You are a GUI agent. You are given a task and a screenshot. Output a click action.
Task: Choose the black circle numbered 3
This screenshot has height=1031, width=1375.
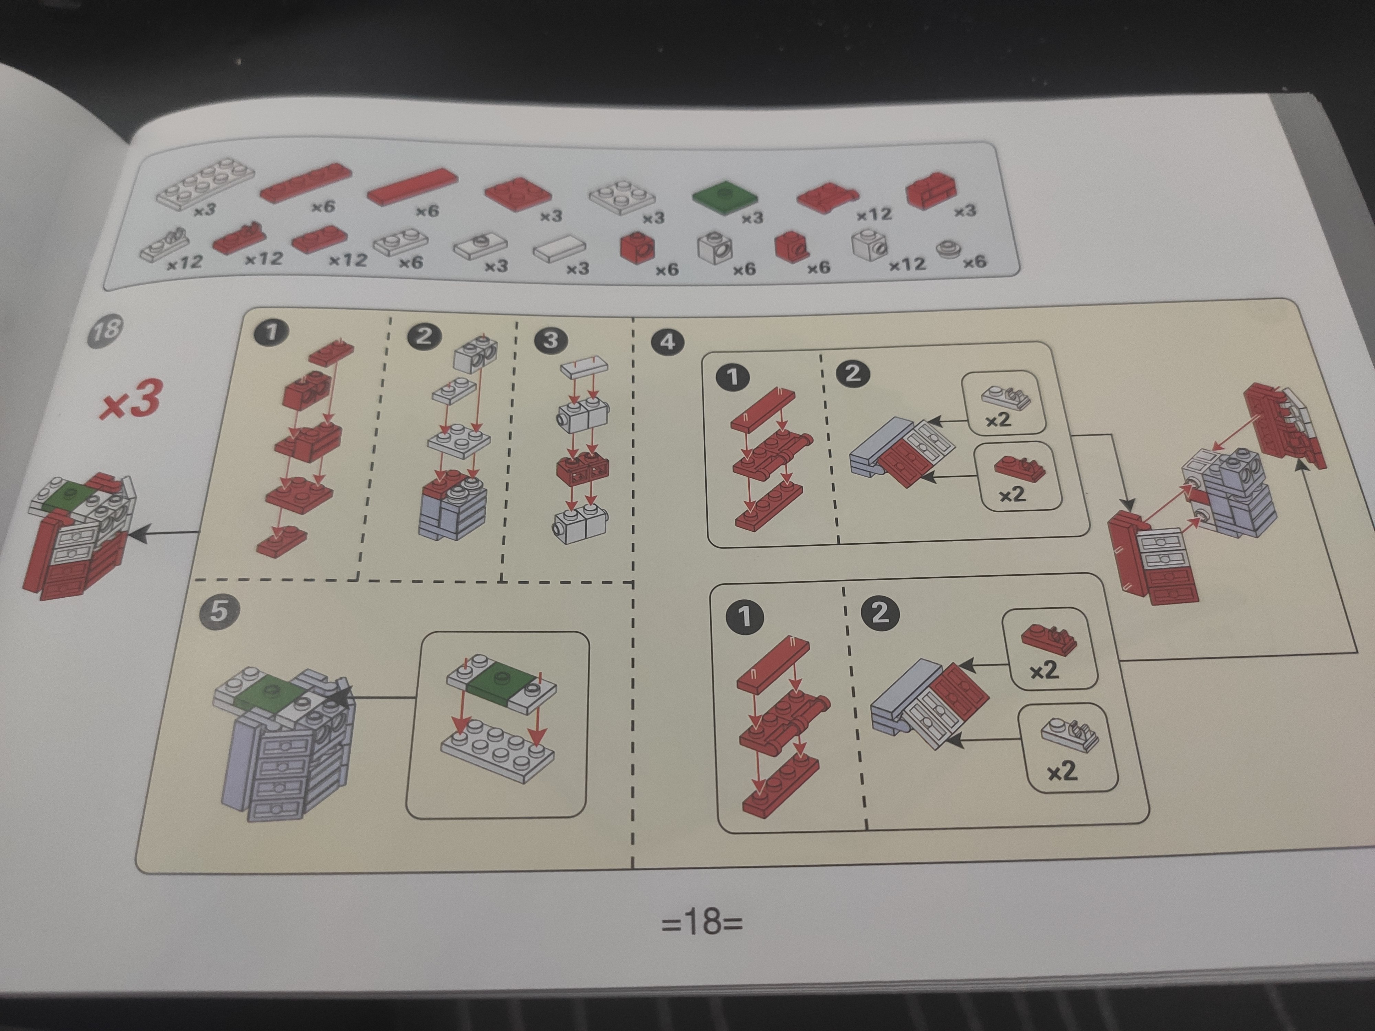[x=551, y=341]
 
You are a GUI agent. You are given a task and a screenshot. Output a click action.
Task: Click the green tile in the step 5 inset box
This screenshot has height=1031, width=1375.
[x=502, y=679]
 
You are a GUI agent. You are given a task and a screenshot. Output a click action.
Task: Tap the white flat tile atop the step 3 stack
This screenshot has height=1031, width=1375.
[x=584, y=367]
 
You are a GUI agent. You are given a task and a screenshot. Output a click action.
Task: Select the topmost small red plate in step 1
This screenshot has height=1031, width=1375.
[x=331, y=352]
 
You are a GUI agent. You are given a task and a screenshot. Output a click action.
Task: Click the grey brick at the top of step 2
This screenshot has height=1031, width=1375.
[x=476, y=352]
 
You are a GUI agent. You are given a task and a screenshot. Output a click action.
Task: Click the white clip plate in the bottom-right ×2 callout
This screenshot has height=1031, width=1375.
[x=1069, y=734]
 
